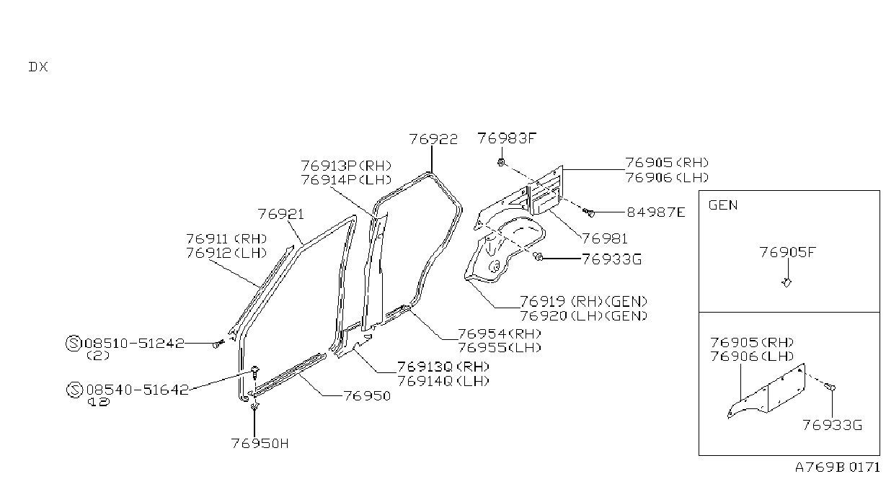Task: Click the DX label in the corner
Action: (x=38, y=67)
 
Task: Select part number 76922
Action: (x=433, y=139)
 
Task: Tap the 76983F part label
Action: (x=507, y=138)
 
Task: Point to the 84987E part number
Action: (x=656, y=212)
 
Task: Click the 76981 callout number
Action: (x=605, y=238)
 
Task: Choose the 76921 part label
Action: (x=281, y=214)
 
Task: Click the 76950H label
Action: (x=260, y=443)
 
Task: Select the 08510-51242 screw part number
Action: (x=135, y=344)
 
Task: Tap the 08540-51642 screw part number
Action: (x=137, y=390)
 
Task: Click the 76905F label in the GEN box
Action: (x=787, y=252)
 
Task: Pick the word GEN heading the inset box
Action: (x=723, y=205)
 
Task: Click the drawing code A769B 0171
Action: (x=838, y=467)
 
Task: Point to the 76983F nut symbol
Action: (x=501, y=162)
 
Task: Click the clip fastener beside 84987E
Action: (x=589, y=212)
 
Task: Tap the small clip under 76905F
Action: (x=787, y=282)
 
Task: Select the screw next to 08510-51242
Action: (x=218, y=344)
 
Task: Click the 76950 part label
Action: (x=367, y=396)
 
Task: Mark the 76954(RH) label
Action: (x=500, y=334)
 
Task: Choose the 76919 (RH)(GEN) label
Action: (x=583, y=302)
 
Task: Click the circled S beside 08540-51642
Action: (x=74, y=390)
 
